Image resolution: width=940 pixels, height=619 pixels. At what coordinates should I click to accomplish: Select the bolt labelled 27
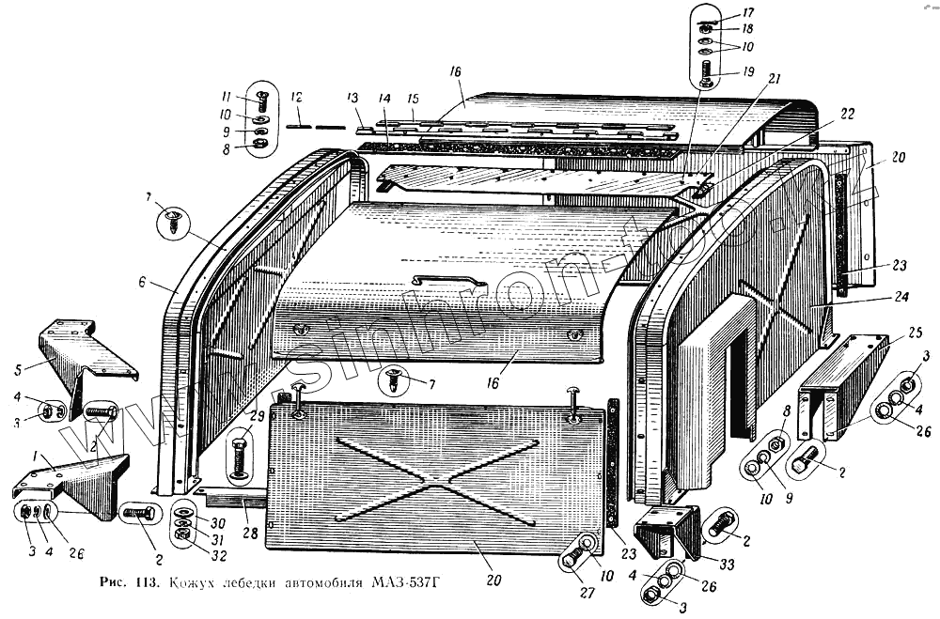click(x=572, y=561)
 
